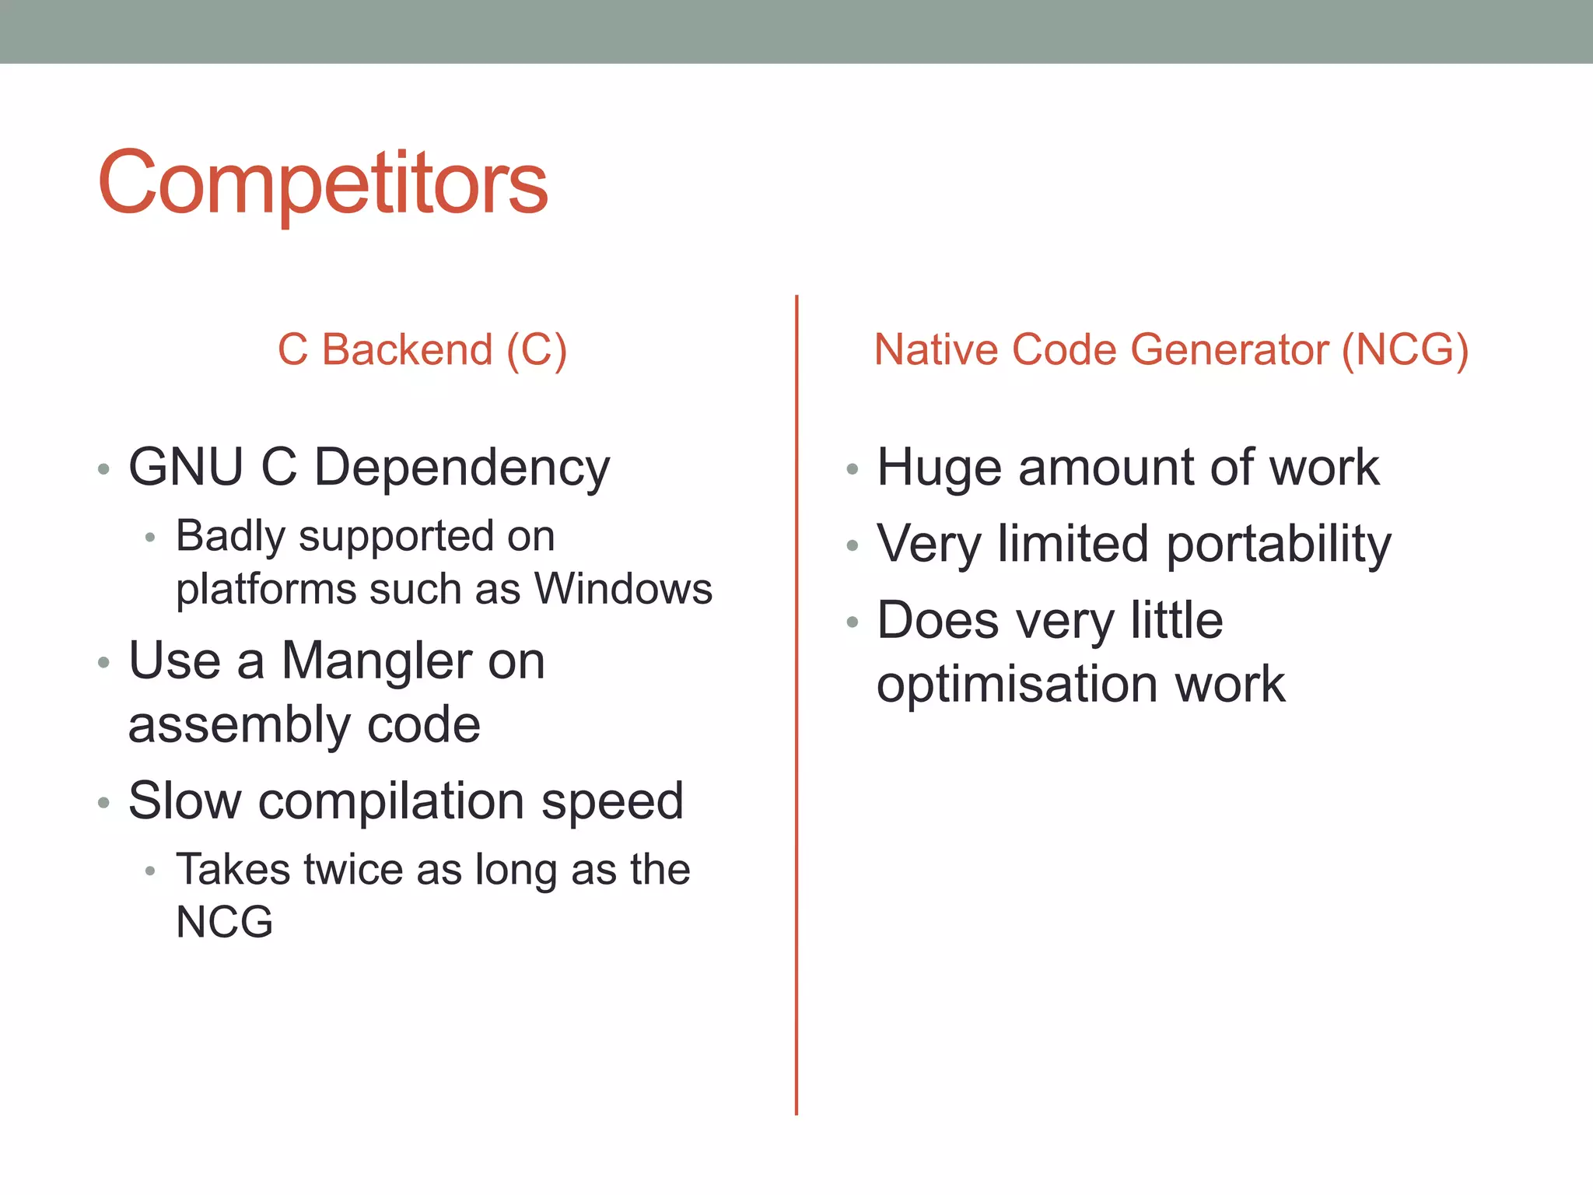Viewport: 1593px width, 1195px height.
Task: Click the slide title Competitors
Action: click(x=323, y=183)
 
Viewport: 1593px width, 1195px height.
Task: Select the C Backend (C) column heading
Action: click(x=422, y=349)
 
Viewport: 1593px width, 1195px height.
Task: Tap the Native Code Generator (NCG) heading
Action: click(x=1171, y=349)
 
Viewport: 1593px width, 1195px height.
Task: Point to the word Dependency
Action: click(x=462, y=469)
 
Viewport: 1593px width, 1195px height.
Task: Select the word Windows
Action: click(x=623, y=589)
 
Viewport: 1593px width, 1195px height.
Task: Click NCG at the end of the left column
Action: click(x=225, y=923)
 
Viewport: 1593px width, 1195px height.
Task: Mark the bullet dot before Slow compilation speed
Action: click(x=103, y=803)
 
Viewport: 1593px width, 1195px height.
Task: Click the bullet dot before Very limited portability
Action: click(x=853, y=546)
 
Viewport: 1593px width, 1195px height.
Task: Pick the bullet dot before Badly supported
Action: click(x=150, y=538)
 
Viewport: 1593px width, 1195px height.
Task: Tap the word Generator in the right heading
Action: click(x=1229, y=349)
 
